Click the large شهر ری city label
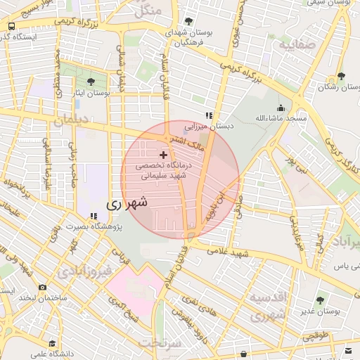pos(127,203)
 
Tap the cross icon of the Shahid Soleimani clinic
pos(164,154)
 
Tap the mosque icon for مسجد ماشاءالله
pos(281,108)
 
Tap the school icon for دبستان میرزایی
pos(208,115)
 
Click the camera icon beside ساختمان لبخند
pos(43,287)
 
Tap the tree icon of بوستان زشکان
pos(341,76)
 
